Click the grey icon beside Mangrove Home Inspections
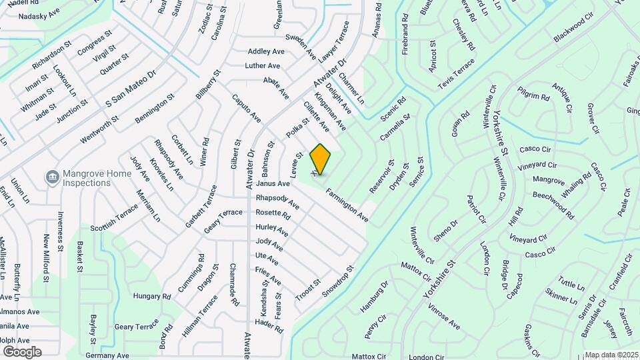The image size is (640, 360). [51, 177]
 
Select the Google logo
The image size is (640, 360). [21, 352]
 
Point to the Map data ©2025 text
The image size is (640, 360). [611, 355]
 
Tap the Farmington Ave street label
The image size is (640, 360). [347, 205]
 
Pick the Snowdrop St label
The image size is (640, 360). [337, 283]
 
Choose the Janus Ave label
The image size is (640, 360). [273, 183]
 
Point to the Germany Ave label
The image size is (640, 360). [107, 355]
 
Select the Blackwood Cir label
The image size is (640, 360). [573, 31]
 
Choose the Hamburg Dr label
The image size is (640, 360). [374, 296]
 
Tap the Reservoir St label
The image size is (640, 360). [382, 176]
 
